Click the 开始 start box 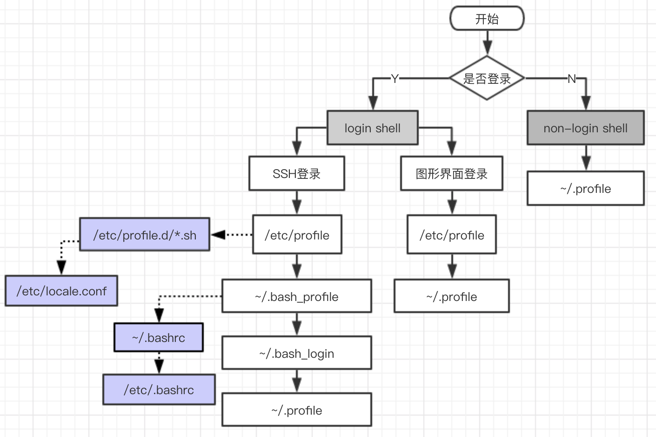coord(487,19)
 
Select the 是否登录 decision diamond coord(487,78)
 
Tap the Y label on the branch coord(395,79)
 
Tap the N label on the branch coord(571,79)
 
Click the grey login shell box coord(372,128)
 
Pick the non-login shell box coord(585,128)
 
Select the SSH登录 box coord(296,174)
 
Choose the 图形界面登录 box coord(451,174)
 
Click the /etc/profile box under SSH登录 coord(297,235)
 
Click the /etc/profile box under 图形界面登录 coord(451,235)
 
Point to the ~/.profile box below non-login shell coord(585,188)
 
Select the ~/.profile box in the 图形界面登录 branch coord(451,296)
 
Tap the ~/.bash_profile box coord(296,296)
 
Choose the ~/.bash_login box coord(296,353)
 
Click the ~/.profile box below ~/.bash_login coord(296,410)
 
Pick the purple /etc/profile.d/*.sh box coord(145,235)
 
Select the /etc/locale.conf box coord(61,291)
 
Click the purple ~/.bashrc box coord(158,337)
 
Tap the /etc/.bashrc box coord(159,389)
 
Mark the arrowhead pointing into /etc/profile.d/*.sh coord(218,235)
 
